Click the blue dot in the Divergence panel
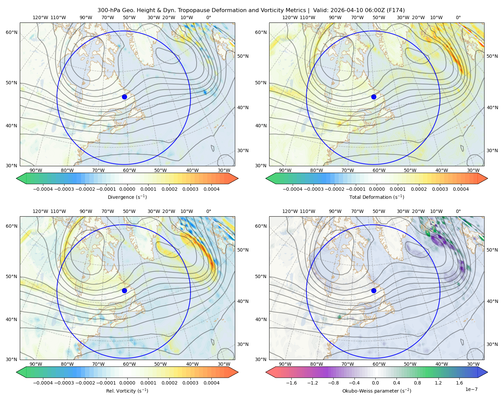pyautogui.click(x=124, y=97)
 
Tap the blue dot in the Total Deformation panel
pyautogui.click(x=374, y=97)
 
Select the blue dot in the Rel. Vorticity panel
pyautogui.click(x=124, y=290)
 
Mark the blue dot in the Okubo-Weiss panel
pyautogui.click(x=374, y=290)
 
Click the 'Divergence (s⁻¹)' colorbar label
pyautogui.click(x=127, y=197)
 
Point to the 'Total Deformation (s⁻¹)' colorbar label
pyautogui.click(x=377, y=197)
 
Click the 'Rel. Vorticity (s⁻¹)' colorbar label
pyautogui.click(x=127, y=391)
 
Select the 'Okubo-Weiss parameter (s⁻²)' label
pyautogui.click(x=377, y=391)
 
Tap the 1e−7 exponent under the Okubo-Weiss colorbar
pyautogui.click(x=471, y=390)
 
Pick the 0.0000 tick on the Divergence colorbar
pyautogui.click(x=127, y=189)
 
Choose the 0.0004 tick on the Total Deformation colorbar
pyautogui.click(x=461, y=189)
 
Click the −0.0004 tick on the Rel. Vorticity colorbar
pyautogui.click(x=43, y=383)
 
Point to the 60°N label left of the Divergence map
pyautogui.click(x=11, y=32)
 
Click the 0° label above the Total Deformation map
pyautogui.click(x=458, y=17)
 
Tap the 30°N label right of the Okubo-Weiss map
pyautogui.click(x=492, y=344)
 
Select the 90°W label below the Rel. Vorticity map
pyautogui.click(x=36, y=364)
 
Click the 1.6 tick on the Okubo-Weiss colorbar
pyautogui.click(x=459, y=383)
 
